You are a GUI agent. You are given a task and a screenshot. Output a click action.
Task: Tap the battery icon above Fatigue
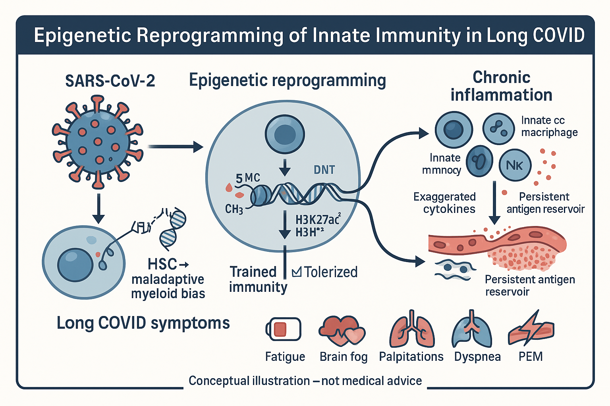click(x=283, y=329)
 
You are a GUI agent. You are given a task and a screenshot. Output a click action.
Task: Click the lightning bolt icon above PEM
click(x=531, y=329)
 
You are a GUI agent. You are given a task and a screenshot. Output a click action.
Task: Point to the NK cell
click(x=515, y=165)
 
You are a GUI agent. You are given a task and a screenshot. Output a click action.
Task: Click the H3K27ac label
click(x=318, y=219)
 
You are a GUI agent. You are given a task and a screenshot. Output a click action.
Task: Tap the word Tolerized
click(x=330, y=272)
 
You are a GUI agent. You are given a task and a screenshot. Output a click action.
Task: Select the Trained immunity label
click(x=258, y=279)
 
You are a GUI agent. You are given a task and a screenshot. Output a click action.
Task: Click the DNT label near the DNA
click(x=324, y=170)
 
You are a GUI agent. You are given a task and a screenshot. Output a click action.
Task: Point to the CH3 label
click(x=234, y=209)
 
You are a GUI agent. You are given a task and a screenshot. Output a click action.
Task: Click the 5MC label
click(x=248, y=178)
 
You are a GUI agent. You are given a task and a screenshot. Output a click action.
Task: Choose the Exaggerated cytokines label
click(x=444, y=203)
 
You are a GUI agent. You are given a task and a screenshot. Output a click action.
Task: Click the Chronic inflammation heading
click(x=501, y=86)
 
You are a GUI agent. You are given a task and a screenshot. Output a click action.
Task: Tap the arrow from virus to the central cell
click(x=175, y=147)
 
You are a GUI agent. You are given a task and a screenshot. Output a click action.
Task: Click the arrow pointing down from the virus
click(x=98, y=208)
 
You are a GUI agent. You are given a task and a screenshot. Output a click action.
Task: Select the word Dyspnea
click(x=477, y=356)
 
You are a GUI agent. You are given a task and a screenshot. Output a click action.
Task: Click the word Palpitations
click(x=411, y=356)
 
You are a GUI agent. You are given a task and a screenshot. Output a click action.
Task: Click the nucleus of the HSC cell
click(x=75, y=264)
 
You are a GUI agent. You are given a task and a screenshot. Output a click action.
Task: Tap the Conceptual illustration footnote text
click(x=305, y=381)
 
